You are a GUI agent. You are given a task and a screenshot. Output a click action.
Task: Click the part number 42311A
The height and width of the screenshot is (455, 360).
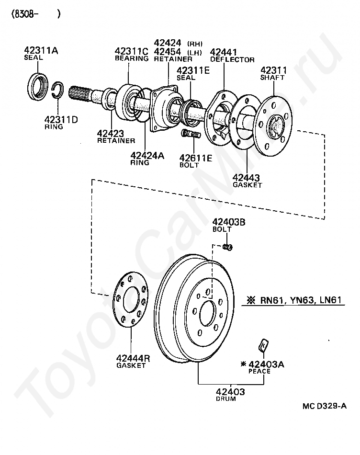click(x=41, y=50)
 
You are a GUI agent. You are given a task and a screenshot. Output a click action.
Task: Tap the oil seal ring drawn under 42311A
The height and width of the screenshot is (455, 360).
click(x=38, y=87)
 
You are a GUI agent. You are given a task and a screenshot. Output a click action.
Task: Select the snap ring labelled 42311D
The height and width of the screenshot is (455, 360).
click(x=58, y=90)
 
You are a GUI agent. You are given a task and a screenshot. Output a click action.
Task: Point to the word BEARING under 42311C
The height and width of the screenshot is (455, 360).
click(x=132, y=58)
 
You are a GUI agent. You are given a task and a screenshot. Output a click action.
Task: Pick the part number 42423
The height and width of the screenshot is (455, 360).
click(x=110, y=134)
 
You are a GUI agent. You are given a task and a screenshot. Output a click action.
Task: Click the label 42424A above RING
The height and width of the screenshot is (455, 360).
click(x=147, y=156)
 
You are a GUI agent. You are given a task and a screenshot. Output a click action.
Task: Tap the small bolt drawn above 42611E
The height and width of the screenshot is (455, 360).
click(x=191, y=135)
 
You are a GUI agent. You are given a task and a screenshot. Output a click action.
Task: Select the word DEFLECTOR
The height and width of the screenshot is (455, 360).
click(x=232, y=60)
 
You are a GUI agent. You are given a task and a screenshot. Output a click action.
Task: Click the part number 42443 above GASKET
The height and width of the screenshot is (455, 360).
click(x=246, y=178)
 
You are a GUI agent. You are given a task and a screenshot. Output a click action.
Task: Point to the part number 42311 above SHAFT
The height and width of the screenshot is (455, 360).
click(x=273, y=70)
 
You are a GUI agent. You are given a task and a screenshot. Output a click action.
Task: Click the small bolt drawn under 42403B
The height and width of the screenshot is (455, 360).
click(x=228, y=247)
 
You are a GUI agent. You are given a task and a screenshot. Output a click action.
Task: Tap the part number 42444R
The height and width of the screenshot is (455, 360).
click(x=133, y=358)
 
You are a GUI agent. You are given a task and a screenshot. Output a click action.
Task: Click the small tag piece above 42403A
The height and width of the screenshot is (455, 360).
click(x=263, y=345)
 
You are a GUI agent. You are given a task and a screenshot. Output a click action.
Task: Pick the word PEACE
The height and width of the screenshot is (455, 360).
click(x=259, y=372)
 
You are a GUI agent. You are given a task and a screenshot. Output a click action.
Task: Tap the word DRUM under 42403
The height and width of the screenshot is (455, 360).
click(x=226, y=399)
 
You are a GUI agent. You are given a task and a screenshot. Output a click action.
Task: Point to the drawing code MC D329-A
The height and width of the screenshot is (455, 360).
click(x=325, y=406)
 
